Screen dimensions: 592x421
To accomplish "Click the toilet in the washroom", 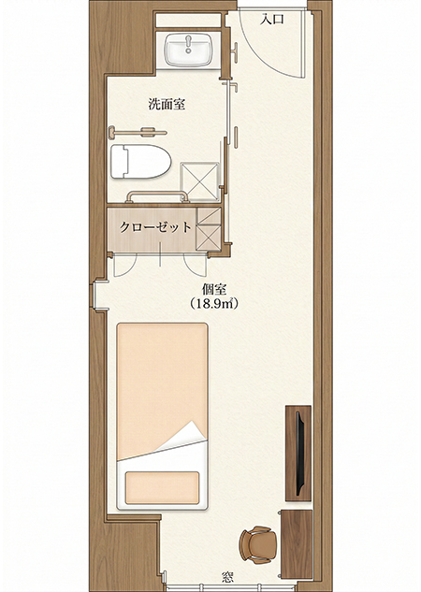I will [x=140, y=162].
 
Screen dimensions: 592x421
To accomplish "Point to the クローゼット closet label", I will [x=156, y=226].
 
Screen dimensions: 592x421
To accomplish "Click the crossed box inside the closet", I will [x=208, y=228].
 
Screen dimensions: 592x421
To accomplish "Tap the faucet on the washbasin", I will [x=192, y=41].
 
